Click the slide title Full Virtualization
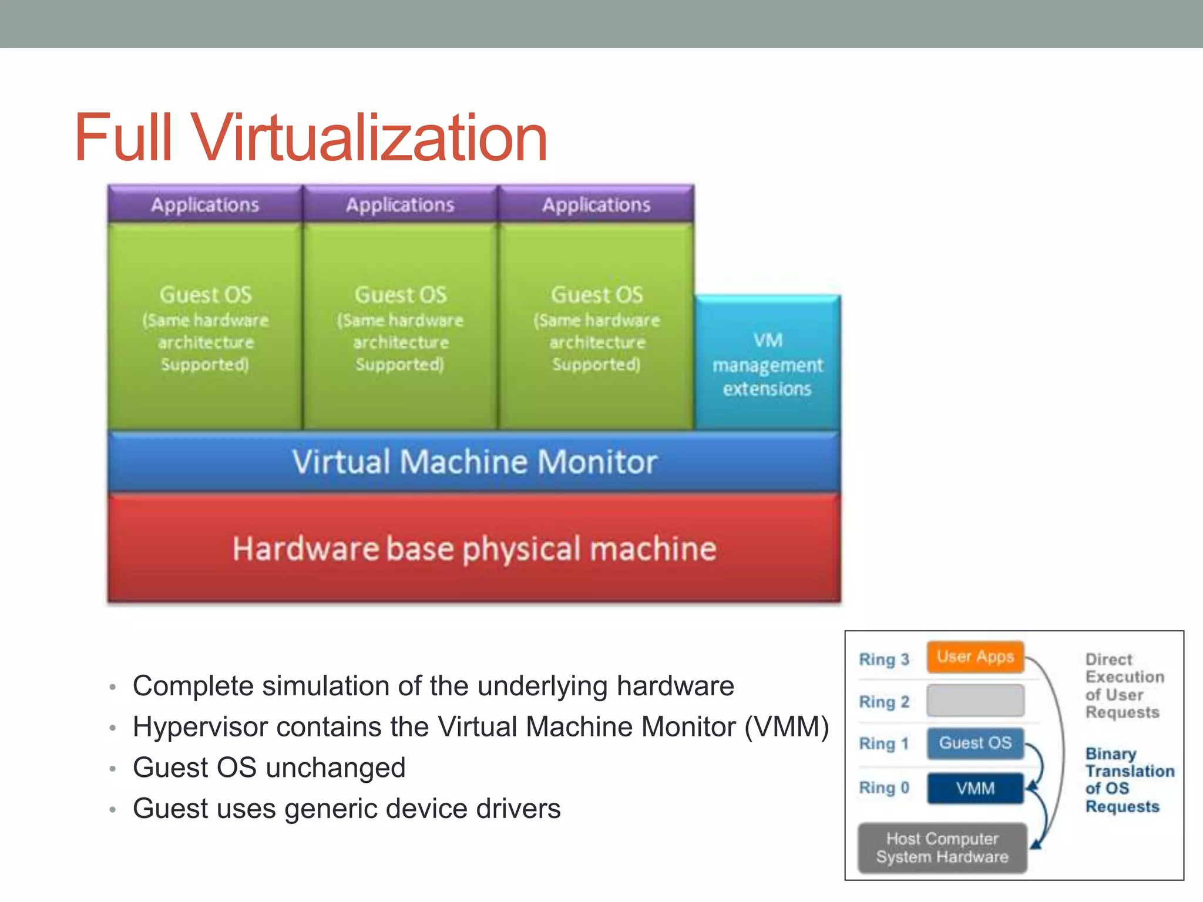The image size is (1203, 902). pos(311,137)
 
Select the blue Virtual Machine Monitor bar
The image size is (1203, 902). pos(474,462)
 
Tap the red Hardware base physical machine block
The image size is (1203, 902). pos(474,548)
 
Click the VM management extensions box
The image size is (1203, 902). pos(767,364)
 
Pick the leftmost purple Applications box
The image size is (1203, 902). pos(205,204)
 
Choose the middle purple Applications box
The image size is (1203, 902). pos(400,204)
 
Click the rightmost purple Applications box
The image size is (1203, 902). pos(596,204)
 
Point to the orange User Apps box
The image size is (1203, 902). pos(975,657)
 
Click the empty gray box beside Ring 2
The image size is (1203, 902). pos(975,701)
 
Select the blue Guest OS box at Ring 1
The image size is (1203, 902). pos(975,743)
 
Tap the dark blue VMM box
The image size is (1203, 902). pos(975,788)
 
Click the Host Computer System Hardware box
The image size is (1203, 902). pos(942,847)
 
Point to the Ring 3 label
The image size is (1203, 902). pos(883,659)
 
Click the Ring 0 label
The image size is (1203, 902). pos(883,787)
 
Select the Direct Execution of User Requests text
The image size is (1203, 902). pos(1123,685)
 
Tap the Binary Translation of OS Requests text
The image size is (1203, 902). pos(1128,780)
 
